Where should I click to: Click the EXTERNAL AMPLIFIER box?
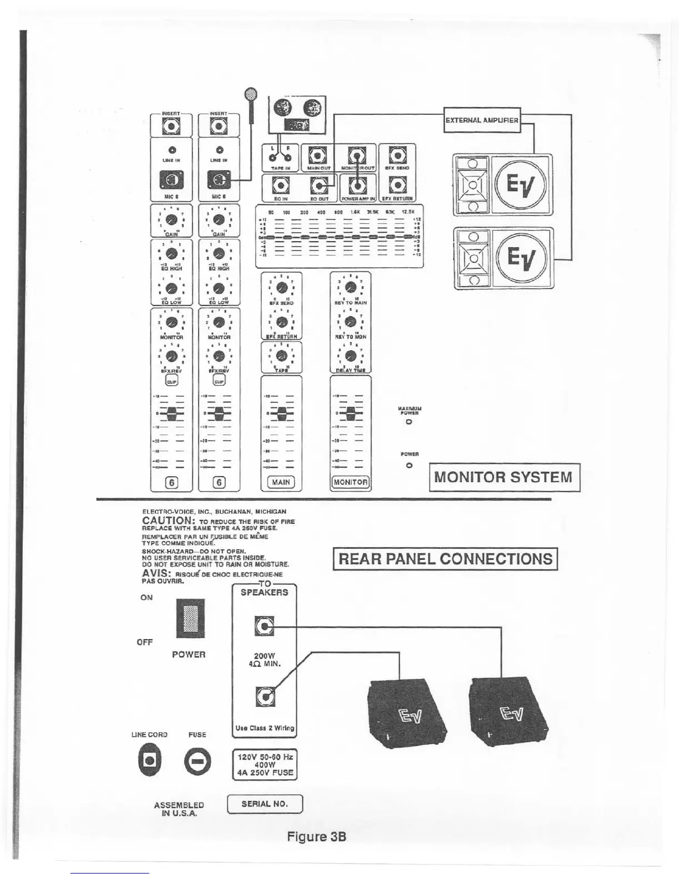tap(482, 120)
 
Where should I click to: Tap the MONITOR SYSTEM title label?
tap(504, 477)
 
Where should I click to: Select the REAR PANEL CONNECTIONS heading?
tap(445, 558)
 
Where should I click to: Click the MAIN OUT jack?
tap(318, 155)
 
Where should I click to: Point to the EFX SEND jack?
tap(397, 155)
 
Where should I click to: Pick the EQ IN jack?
tap(281, 186)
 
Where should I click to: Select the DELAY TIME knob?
tap(350, 356)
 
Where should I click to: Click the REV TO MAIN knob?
tap(350, 288)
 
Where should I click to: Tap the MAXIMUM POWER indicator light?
tap(409, 422)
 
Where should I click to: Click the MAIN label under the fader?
tap(281, 482)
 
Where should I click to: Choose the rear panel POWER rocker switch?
tap(190, 619)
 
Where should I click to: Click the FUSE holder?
tap(197, 762)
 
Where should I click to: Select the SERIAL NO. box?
tap(265, 803)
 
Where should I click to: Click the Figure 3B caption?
tap(316, 836)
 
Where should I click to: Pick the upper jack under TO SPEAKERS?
tap(264, 627)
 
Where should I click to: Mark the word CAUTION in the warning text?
tap(167, 520)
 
